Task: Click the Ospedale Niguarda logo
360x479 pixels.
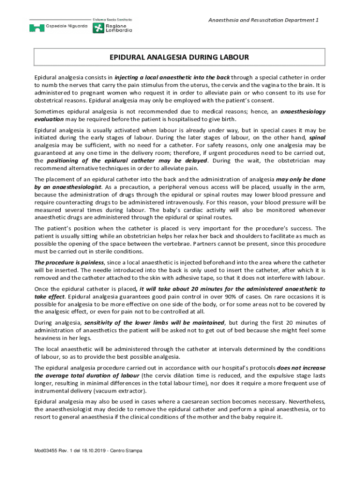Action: pyautogui.click(x=58, y=27)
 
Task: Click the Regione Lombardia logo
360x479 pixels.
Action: pyautogui.click(x=113, y=26)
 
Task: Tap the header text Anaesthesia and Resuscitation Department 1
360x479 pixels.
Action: pyautogui.click(x=263, y=20)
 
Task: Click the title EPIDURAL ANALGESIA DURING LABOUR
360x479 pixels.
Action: pyautogui.click(x=179, y=58)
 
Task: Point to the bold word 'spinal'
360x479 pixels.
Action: pyautogui.click(x=317, y=138)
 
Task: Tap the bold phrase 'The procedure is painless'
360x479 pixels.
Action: pyautogui.click(x=68, y=262)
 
